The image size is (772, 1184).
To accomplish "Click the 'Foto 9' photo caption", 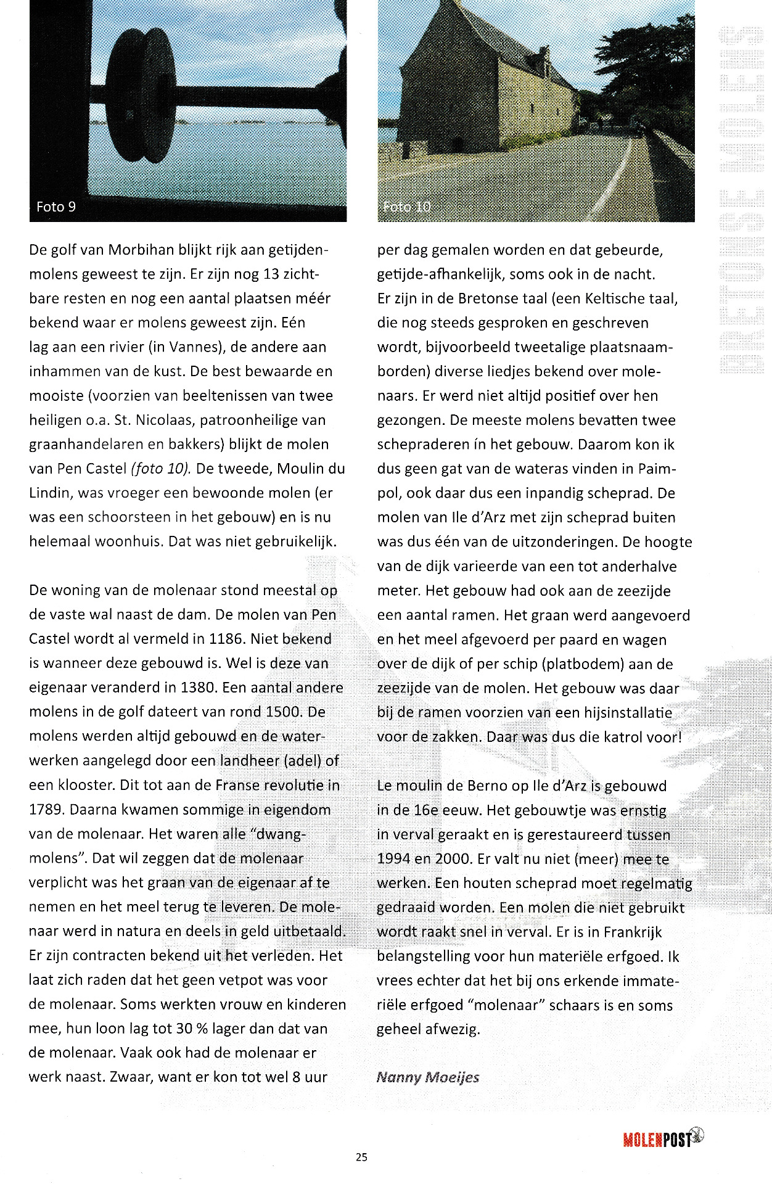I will (56, 207).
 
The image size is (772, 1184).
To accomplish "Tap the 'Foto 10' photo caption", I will (406, 207).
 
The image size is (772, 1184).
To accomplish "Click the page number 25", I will (361, 1157).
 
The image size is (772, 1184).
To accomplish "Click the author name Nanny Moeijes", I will (427, 1077).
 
